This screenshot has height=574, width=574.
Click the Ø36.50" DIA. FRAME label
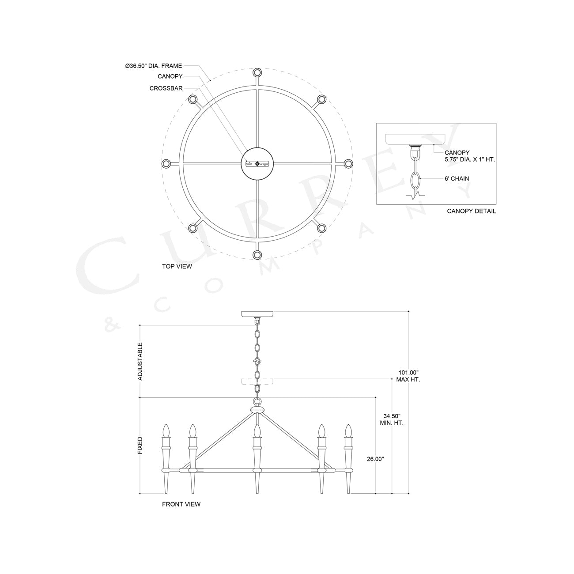(153, 66)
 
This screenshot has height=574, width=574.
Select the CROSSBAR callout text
(166, 88)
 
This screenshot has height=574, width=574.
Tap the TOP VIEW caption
(177, 266)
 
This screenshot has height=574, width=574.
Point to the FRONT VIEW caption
(181, 504)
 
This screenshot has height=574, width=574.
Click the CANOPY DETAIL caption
(471, 211)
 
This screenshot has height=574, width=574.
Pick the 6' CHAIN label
(457, 179)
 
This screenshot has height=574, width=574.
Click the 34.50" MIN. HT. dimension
(392, 419)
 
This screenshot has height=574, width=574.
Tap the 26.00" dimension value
(375, 459)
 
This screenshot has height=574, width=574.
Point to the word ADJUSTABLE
(140, 361)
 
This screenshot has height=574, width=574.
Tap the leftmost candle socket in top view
(166, 164)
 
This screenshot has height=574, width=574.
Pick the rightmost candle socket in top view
(348, 164)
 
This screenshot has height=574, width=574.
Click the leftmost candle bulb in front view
(166, 430)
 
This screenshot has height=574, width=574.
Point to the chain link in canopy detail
(415, 181)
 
